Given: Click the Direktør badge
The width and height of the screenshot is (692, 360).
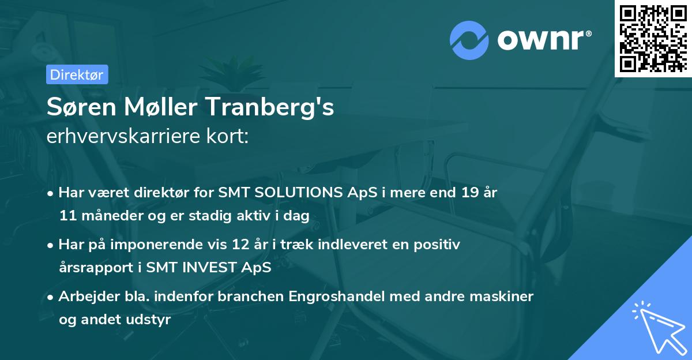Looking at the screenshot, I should click(x=77, y=74).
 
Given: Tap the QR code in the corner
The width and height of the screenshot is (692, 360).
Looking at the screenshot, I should click(x=653, y=38).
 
